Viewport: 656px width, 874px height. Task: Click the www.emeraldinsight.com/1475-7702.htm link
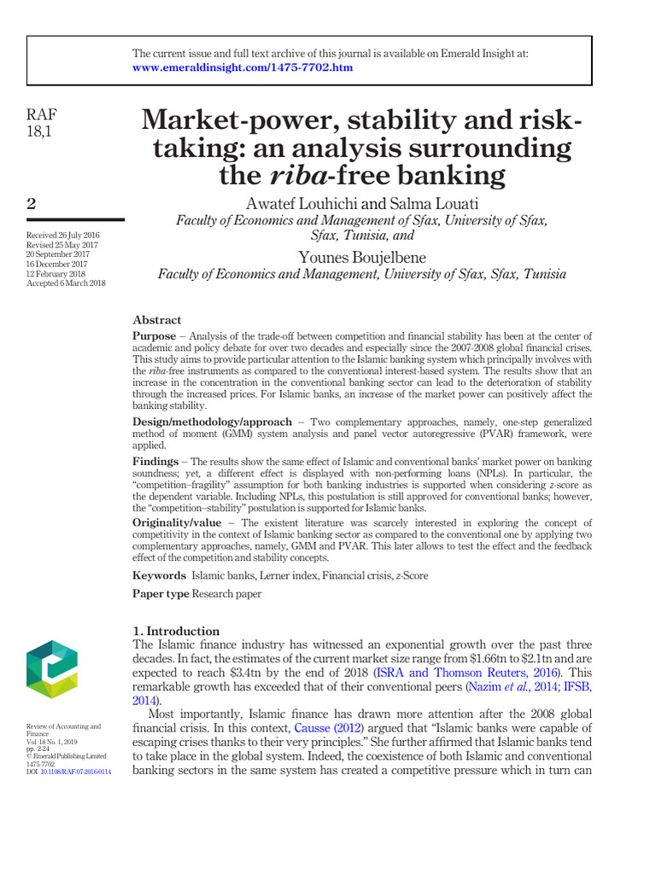coord(243,67)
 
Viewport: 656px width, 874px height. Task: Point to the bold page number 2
coord(32,203)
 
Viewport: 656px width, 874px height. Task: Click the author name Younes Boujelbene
coord(361,257)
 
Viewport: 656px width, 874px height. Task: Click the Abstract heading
coord(156,320)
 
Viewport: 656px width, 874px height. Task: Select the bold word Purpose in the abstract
coord(154,337)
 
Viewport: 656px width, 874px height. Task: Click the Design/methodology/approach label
coord(212,422)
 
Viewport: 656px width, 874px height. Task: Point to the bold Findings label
coord(155,461)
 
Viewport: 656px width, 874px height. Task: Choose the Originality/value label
coord(182,522)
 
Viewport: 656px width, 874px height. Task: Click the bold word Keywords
coord(159,575)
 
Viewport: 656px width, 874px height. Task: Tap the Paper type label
coord(161,593)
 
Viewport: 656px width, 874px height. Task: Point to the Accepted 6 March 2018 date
coord(66,283)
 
